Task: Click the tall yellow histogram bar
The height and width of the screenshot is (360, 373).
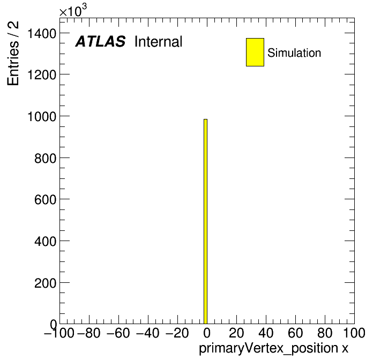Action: [206, 221]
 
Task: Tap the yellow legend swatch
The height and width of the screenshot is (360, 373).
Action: [255, 52]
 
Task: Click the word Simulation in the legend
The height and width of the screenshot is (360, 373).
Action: [294, 53]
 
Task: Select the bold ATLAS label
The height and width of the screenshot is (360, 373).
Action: [100, 41]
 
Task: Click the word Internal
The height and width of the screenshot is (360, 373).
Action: [159, 41]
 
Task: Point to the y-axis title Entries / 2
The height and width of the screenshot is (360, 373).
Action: [13, 53]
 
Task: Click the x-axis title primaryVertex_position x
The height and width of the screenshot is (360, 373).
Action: [273, 348]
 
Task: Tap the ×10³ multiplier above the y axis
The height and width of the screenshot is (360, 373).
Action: [73, 10]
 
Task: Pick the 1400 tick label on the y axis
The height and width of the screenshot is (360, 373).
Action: [42, 33]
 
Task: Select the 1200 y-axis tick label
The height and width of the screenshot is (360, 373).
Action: [42, 74]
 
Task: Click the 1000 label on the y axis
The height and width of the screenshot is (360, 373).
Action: [42, 116]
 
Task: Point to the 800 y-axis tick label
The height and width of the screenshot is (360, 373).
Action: [46, 158]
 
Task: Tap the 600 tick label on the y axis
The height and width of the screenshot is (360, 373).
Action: [46, 199]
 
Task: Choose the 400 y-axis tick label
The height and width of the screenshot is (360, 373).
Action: [46, 242]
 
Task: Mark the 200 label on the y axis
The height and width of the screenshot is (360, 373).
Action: [46, 283]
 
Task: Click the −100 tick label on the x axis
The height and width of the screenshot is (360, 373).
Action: [59, 333]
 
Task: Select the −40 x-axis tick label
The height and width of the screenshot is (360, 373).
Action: [148, 333]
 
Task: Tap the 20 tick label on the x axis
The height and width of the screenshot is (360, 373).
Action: [236, 333]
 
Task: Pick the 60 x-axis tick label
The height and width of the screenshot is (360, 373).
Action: [295, 333]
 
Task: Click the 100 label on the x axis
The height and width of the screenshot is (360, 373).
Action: [354, 333]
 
